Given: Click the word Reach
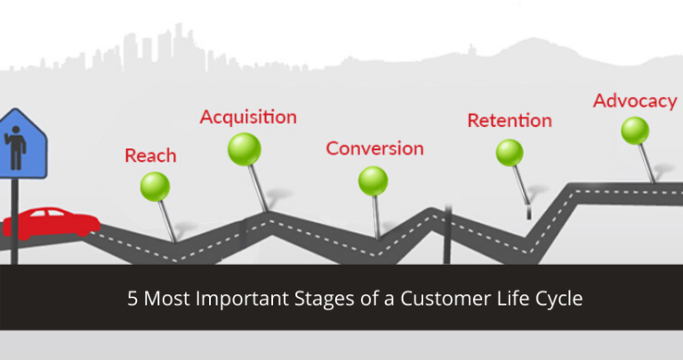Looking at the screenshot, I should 150,156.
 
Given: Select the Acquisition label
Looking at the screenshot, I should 248,116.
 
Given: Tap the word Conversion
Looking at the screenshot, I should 374,148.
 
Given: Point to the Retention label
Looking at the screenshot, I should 510,119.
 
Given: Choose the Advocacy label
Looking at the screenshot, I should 635,100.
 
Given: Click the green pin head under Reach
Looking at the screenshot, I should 155,186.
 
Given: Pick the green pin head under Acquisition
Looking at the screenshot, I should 243,148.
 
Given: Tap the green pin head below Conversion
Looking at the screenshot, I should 373,180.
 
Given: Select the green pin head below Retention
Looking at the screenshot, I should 510,152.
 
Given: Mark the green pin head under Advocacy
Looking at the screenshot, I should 635,131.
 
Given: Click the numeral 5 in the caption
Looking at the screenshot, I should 131,299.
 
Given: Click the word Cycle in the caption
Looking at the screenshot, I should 561,299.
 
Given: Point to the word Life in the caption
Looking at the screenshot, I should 507,299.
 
